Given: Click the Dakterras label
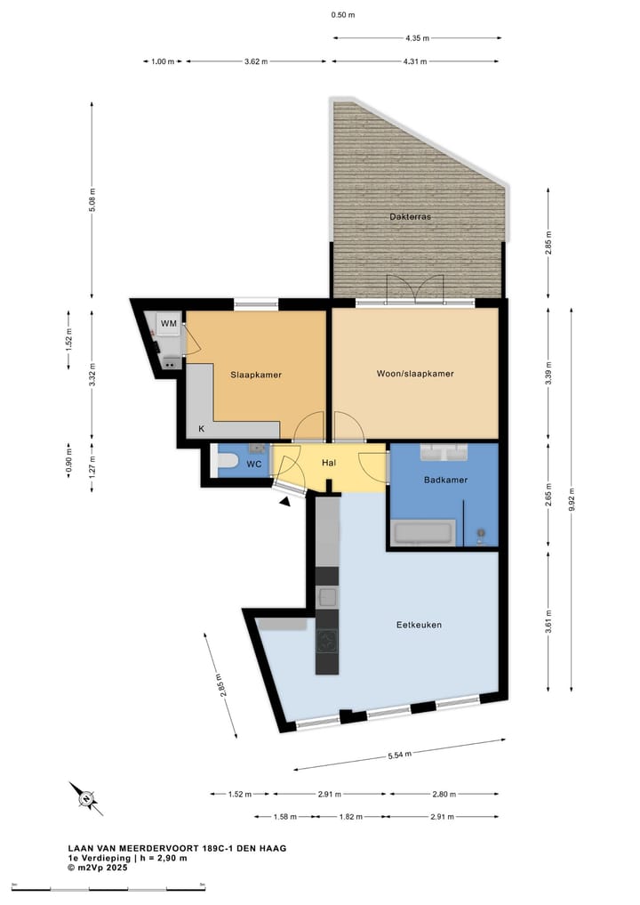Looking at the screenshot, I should point(410,217).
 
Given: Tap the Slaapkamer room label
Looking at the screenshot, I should point(256,375).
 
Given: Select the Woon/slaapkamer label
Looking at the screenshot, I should point(415,374).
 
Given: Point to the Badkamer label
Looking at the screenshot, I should point(445,481).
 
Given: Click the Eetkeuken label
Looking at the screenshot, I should point(419,625).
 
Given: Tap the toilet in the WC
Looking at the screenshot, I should point(227,462).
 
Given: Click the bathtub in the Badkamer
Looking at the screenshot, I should point(424,535).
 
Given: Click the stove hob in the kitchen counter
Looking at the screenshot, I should point(327,641).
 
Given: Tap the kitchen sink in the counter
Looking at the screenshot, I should point(327,596).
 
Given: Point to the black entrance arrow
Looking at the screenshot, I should point(284,503).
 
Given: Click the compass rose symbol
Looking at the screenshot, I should point(86,798).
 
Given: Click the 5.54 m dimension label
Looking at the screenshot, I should point(400,755).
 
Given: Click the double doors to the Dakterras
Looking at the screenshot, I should point(415,290).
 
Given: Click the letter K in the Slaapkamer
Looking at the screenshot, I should point(201,429).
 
